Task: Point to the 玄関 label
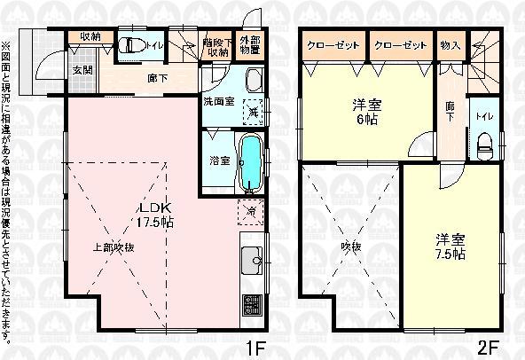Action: (x=82, y=70)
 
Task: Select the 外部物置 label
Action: (x=251, y=47)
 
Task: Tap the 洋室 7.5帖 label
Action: (x=451, y=246)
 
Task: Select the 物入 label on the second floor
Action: (x=450, y=45)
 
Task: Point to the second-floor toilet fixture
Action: (x=484, y=145)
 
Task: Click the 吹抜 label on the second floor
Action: (x=351, y=246)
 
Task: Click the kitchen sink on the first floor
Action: (x=252, y=262)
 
